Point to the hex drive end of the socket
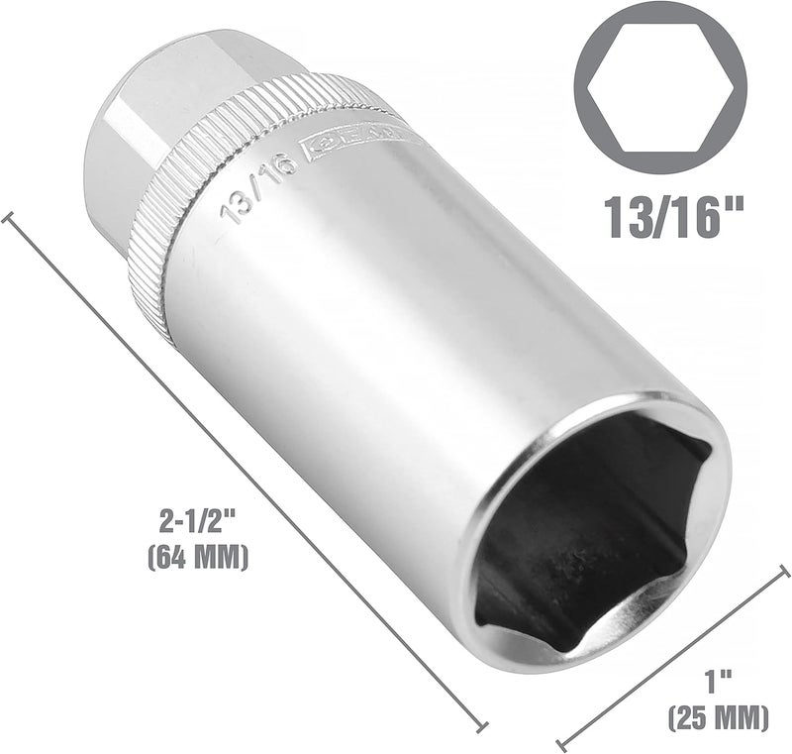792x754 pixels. (129, 149)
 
